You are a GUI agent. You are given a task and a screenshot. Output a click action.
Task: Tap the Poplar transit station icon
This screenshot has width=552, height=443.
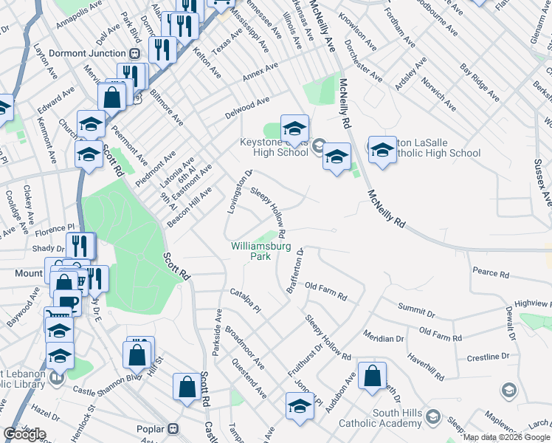click(x=173, y=428)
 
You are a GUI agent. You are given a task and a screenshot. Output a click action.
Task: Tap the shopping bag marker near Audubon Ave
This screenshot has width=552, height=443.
click(x=373, y=376)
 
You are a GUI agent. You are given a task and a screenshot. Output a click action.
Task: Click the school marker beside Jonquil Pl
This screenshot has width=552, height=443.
click(x=300, y=407)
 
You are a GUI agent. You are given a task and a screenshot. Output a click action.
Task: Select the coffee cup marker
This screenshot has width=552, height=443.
click(x=69, y=303)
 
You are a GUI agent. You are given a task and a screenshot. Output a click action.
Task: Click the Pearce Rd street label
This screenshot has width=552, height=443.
click(x=491, y=274)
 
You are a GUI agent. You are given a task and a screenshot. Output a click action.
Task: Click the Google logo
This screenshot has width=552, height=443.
click(x=24, y=435)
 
